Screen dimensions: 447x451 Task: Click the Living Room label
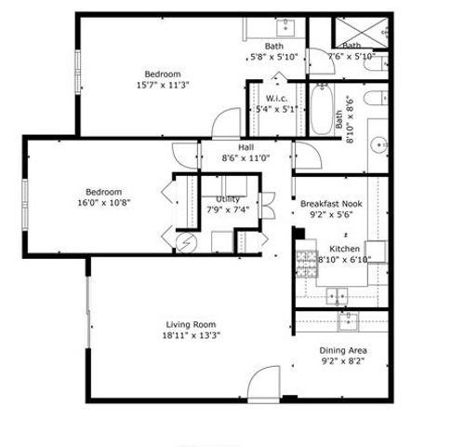coord(192,324)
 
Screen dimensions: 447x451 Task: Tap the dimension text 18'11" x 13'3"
coord(192,335)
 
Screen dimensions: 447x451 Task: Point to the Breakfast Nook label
coord(330,203)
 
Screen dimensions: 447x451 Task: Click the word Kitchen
coord(344,250)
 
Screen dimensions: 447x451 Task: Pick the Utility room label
coord(228,198)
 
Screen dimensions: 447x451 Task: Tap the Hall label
coord(245,148)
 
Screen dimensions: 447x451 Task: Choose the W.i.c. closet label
coord(275,98)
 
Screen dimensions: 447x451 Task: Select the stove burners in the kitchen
coord(305,264)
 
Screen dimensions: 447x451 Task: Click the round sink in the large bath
coord(379,144)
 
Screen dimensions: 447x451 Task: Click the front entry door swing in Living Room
coord(264,384)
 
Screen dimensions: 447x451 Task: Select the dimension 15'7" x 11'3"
coord(162,85)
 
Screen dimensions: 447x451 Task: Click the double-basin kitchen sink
coord(338,296)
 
